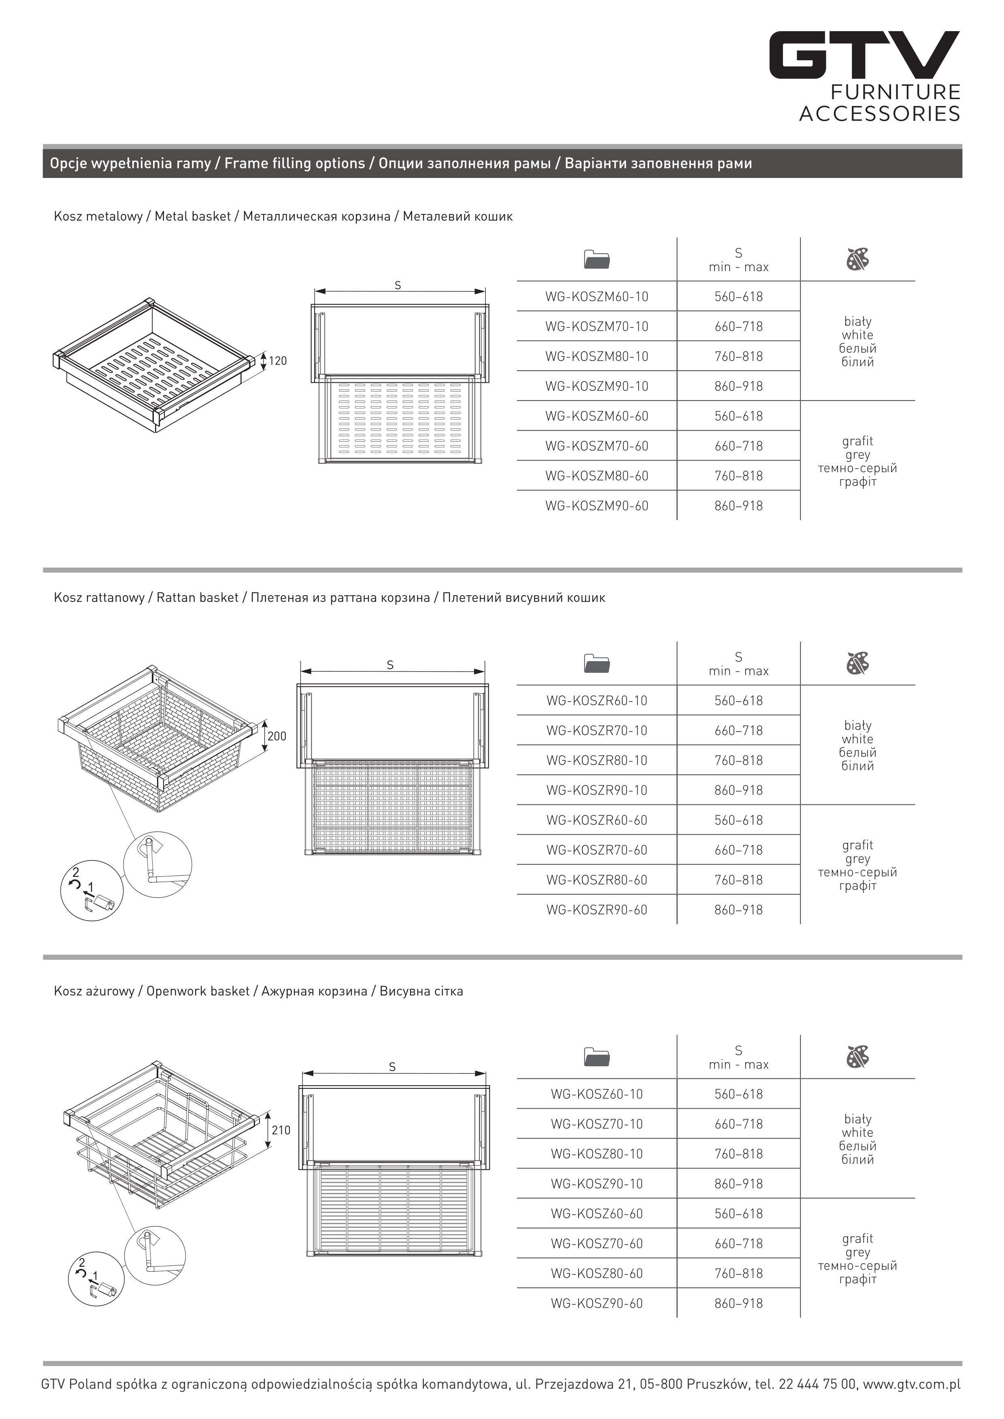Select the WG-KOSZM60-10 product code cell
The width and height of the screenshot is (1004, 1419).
[597, 297]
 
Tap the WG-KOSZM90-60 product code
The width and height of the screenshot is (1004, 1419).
[597, 506]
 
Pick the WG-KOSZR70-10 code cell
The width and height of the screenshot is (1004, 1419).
[597, 730]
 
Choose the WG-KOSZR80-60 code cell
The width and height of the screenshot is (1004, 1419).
[597, 880]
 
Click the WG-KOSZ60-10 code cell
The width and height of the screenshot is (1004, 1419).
[597, 1094]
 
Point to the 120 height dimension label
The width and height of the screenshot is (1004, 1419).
[278, 361]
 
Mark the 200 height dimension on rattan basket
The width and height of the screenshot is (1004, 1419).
[277, 736]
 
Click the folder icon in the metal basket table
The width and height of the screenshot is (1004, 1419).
[597, 260]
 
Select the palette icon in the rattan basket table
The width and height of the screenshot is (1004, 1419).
[857, 663]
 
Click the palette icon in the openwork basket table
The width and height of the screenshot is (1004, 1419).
[857, 1057]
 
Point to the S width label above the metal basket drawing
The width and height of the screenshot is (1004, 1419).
[398, 286]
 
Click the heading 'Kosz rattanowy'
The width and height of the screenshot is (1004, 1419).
[99, 598]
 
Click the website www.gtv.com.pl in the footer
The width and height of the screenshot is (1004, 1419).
[911, 1384]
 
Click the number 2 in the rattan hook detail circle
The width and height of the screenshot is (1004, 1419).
[75, 872]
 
